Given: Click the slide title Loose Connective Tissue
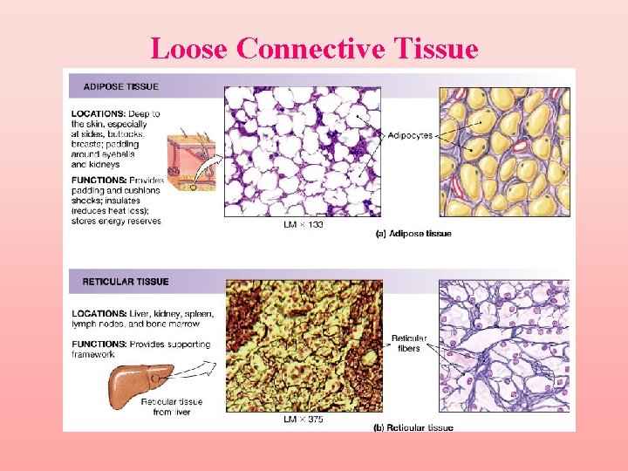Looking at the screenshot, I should (314, 48).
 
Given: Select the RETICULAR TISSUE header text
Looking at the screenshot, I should (125, 282).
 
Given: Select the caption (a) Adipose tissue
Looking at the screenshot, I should (413, 234).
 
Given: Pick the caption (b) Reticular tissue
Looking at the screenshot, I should (413, 427).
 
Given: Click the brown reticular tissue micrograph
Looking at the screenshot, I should (303, 346).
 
